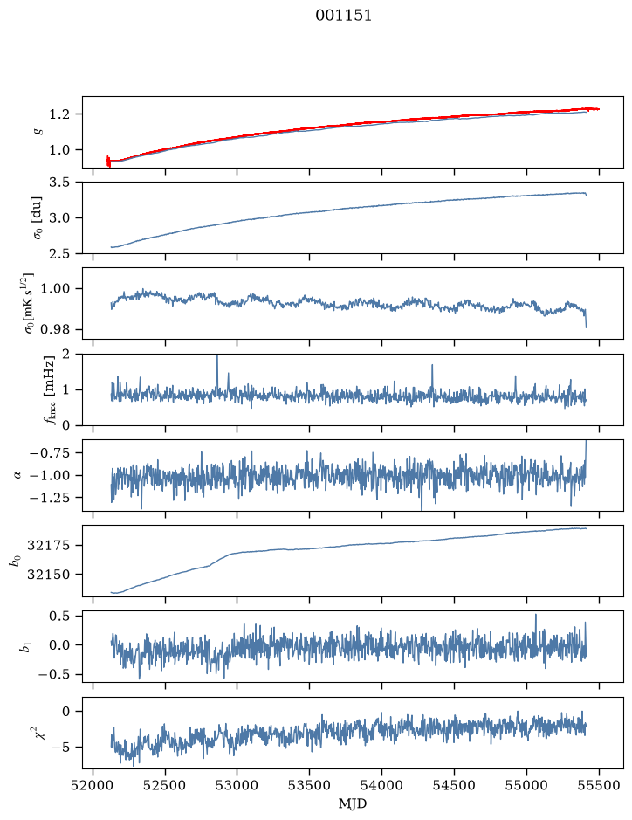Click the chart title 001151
pos(343,16)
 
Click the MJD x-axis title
pos(353,803)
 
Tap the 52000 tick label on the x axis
pos(93,785)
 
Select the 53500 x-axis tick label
pos(310,785)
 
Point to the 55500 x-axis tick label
pos(599,785)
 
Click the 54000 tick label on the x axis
pos(381,785)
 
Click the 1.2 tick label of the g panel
pos(59,114)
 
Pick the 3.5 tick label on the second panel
pos(59,183)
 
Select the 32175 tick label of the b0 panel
pos(49,546)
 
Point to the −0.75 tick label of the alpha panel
pos(50,453)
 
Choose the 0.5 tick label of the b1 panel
pos(59,616)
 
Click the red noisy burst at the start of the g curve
pos(108,161)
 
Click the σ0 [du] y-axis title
pos(38,217)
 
